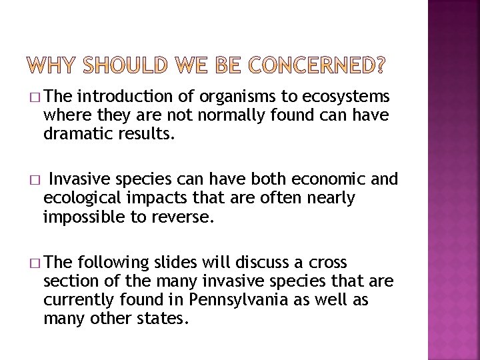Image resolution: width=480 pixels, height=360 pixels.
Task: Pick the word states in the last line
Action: [165, 318]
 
